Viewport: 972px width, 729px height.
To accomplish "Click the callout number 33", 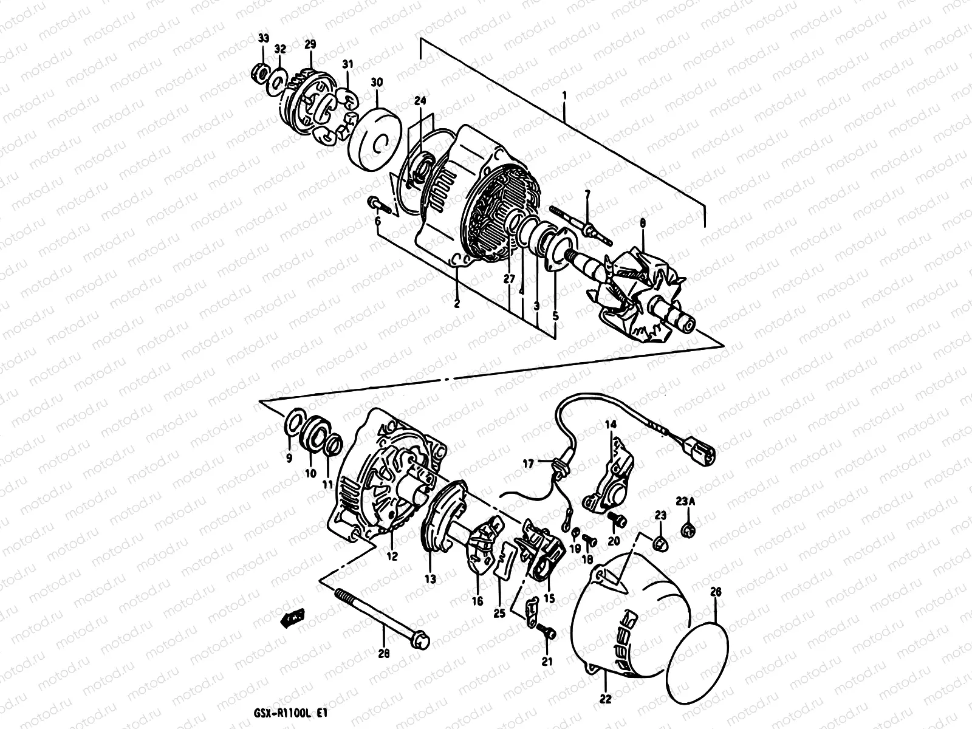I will coord(262,39).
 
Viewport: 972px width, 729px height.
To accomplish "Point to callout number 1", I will coord(565,96).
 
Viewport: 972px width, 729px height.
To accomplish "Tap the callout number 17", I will coord(529,464).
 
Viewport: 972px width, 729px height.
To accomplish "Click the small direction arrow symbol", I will coord(292,618).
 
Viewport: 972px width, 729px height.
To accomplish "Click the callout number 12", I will coord(392,556).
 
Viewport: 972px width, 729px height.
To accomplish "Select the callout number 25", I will coord(499,614).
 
